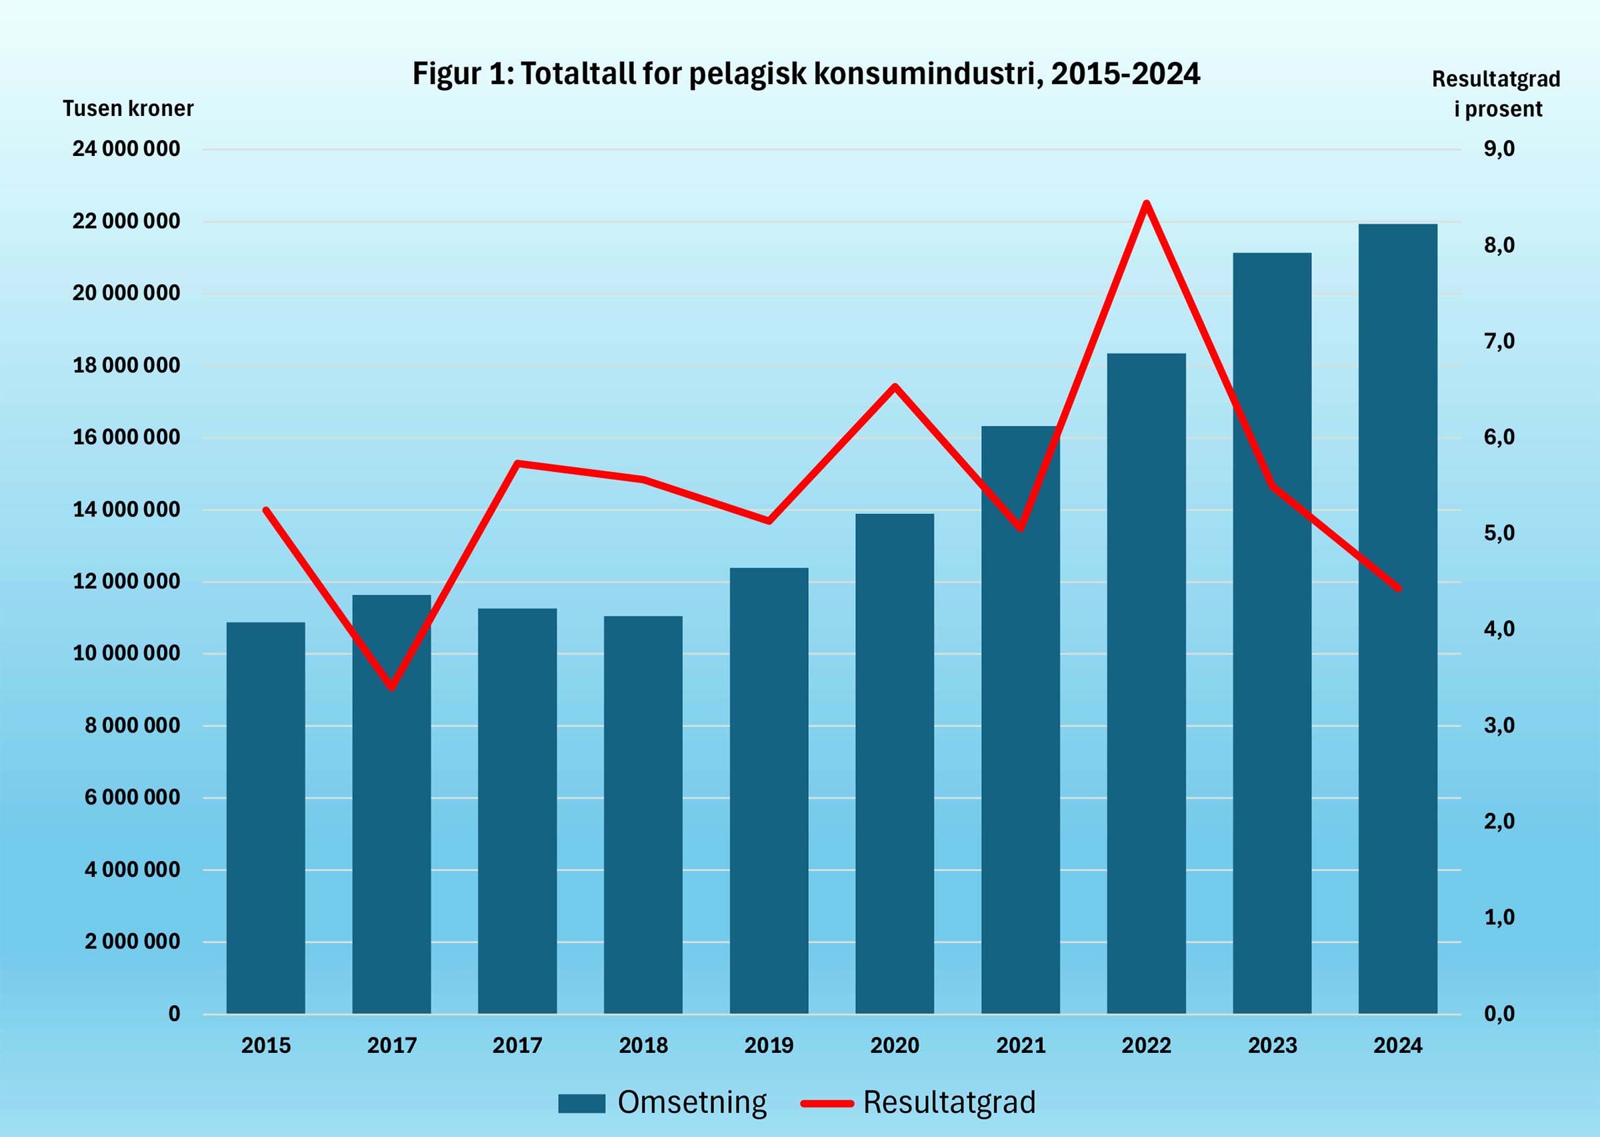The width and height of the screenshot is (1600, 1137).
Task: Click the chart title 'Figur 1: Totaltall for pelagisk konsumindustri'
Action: point(806,73)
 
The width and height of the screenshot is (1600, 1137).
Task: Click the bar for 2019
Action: point(769,790)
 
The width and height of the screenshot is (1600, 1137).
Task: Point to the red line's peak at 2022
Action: point(1146,204)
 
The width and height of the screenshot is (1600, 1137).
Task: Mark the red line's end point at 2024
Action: point(1399,588)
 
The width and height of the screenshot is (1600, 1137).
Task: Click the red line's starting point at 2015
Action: point(265,510)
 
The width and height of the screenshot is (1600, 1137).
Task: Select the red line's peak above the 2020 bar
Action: point(894,386)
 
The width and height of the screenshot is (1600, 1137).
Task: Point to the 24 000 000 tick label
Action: point(126,149)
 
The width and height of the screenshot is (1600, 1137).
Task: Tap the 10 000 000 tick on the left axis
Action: point(126,653)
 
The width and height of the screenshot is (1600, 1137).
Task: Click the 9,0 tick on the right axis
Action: point(1499,149)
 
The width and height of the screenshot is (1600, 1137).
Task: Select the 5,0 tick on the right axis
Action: point(1499,533)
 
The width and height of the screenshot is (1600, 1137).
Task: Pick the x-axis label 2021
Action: point(1020,1045)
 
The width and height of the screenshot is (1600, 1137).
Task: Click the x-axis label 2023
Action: point(1272,1045)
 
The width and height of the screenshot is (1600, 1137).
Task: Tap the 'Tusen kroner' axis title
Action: point(127,109)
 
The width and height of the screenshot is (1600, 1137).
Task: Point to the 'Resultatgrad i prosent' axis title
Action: point(1497,94)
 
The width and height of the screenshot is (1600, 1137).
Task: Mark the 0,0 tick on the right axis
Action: point(1499,1013)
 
